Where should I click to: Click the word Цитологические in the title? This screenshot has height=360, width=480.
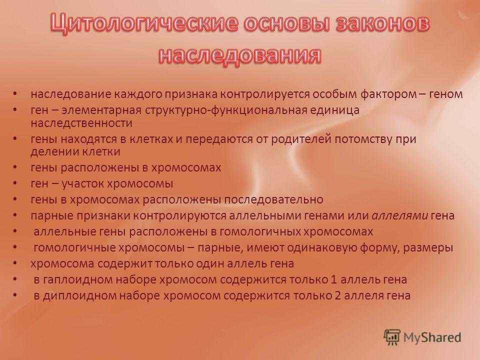144,23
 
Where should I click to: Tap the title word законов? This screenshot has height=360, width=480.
382,23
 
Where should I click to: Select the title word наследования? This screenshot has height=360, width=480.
240,55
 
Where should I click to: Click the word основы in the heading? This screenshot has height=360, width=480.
286,23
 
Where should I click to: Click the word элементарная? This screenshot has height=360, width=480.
101,110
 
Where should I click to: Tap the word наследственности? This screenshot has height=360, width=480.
81,123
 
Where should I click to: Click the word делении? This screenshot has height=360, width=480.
51,152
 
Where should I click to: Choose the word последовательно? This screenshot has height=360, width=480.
273,200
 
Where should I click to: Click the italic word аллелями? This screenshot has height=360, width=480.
400,216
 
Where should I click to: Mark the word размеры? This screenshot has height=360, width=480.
428,248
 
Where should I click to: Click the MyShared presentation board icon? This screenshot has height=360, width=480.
392,337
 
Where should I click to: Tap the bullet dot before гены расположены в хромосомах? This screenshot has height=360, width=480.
15,168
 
